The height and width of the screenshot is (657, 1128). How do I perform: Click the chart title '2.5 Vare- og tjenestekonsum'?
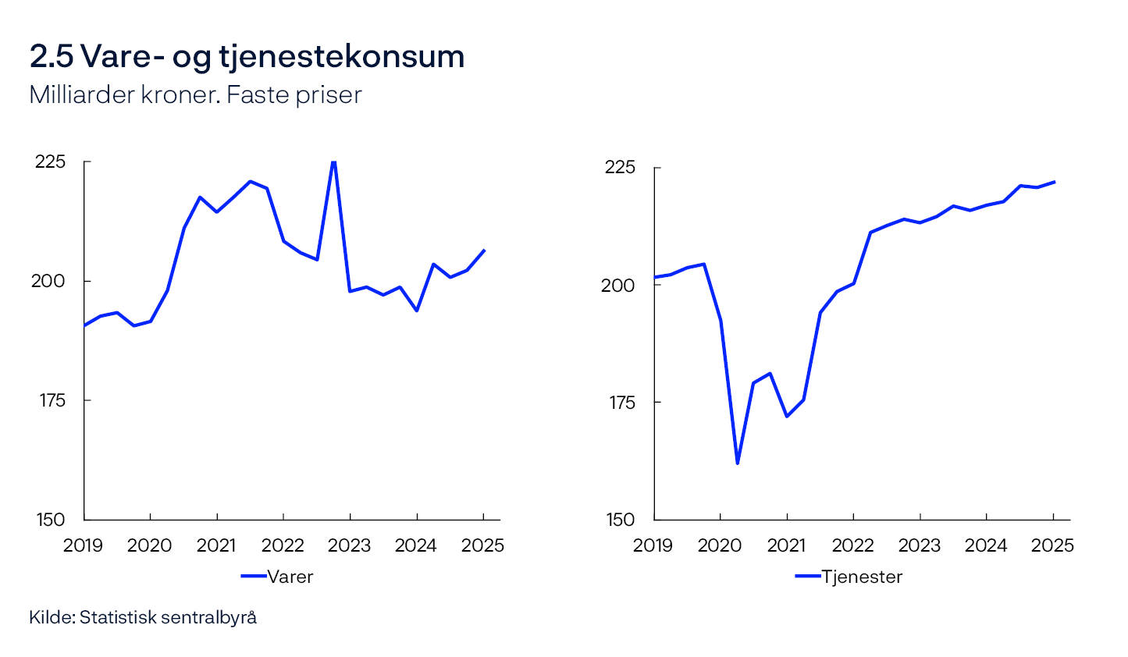[x=247, y=56]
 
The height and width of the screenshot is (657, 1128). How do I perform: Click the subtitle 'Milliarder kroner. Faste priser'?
[x=195, y=95]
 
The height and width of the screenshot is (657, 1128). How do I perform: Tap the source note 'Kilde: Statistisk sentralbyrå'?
[x=143, y=617]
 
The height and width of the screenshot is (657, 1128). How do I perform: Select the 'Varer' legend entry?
[x=278, y=577]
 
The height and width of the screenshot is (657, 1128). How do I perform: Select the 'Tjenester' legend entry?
[x=849, y=577]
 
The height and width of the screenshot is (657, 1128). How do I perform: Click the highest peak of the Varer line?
[x=333, y=162]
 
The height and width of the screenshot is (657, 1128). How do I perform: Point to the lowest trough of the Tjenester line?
[x=737, y=463]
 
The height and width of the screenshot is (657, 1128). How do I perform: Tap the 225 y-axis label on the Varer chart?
[x=51, y=162]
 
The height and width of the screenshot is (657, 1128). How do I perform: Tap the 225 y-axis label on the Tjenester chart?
[x=621, y=168]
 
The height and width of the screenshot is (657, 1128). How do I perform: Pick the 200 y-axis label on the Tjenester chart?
[x=617, y=286]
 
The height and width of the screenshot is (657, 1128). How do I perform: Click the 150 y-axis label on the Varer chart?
[x=51, y=520]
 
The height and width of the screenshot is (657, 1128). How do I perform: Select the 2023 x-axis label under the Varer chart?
[x=350, y=545]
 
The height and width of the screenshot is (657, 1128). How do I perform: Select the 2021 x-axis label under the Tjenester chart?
[x=786, y=545]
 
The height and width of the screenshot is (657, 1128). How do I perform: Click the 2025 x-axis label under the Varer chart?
[x=482, y=545]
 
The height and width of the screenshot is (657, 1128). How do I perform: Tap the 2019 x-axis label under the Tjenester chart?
[x=653, y=545]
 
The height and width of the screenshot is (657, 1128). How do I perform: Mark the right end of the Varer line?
[x=484, y=250]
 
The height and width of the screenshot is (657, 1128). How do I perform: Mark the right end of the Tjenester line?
[x=1054, y=183]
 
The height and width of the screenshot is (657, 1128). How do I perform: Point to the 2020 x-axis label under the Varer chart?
[x=149, y=545]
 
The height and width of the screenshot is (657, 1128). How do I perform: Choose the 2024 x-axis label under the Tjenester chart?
[x=986, y=545]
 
